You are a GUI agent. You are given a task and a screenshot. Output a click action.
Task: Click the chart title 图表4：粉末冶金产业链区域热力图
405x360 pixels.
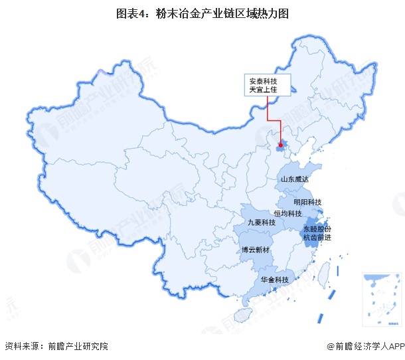coord(202,13)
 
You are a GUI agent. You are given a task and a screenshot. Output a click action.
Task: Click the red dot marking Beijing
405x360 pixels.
coord(281,145)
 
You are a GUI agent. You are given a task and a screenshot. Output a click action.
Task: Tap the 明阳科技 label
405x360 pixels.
coord(307,202)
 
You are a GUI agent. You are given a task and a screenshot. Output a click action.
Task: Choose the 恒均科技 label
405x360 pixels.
coord(288,213)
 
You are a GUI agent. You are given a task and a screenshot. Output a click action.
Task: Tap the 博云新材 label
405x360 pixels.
coord(255,250)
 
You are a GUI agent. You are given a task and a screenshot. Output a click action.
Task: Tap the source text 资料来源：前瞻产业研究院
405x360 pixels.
coord(56,346)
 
